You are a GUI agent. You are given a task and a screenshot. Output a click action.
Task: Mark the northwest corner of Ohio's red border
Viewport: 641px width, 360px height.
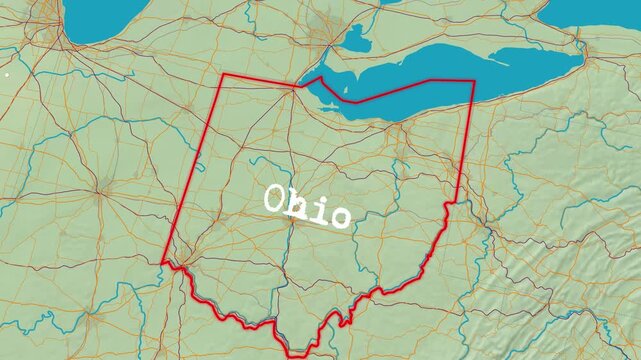click(x=223, y=74)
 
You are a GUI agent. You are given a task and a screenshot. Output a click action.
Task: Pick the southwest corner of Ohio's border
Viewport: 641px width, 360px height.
click(x=163, y=263)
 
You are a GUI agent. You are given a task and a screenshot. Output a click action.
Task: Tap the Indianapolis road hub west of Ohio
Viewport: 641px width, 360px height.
click(x=102, y=187)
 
